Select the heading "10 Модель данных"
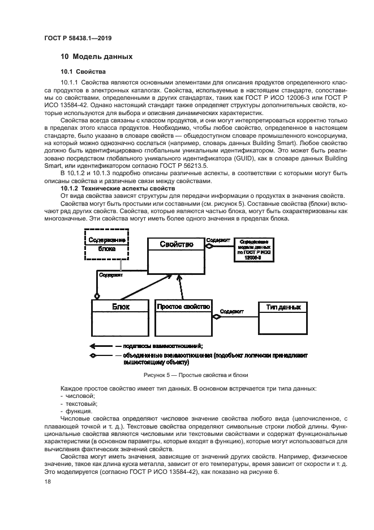pyautogui.click(x=96, y=57)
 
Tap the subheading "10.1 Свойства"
pyautogui.click(x=83, y=71)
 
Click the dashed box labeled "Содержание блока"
pyautogui.click(x=107, y=244)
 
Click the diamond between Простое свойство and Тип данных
pyautogui.click(x=216, y=317)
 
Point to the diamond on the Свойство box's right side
pyautogui.click(x=208, y=245)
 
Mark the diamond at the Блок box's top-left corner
pyautogui.click(x=97, y=296)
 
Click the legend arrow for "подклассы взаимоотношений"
pyautogui.click(x=100, y=345)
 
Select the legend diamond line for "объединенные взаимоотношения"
pyautogui.click(x=100, y=356)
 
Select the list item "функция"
pyautogui.click(x=80, y=412)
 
